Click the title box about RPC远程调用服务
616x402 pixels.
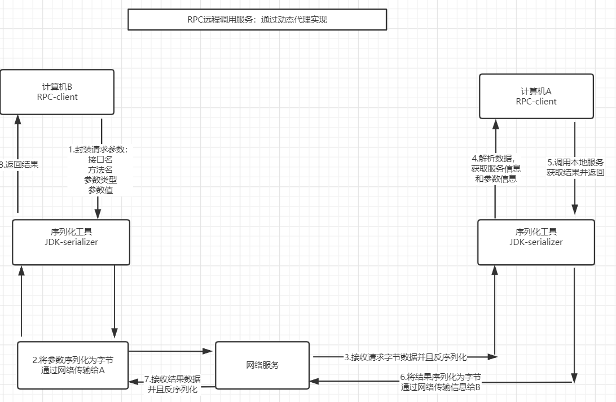(x=257, y=19)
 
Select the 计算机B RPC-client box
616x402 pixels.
(x=57, y=91)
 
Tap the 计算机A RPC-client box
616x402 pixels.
(x=536, y=96)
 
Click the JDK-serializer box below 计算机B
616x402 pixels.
(x=71, y=242)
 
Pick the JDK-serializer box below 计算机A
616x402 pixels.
(x=536, y=242)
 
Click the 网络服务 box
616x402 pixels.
(x=262, y=365)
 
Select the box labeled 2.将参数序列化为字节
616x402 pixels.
(x=73, y=365)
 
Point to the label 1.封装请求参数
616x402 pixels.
(x=99, y=150)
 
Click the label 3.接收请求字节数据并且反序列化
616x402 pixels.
(x=406, y=357)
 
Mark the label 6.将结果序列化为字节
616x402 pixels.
(x=441, y=377)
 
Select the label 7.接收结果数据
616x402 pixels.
(x=172, y=379)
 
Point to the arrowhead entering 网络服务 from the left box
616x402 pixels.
(x=209, y=351)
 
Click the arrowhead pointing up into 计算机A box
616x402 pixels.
(x=495, y=123)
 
